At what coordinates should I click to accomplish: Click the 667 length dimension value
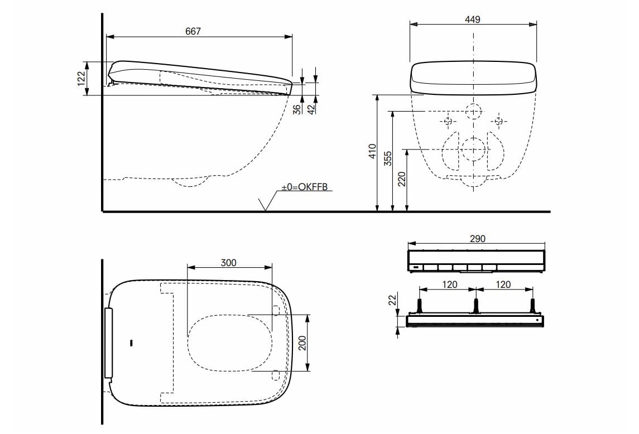[193, 32]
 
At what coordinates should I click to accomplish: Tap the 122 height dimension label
[81, 78]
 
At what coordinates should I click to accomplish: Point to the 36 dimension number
[297, 109]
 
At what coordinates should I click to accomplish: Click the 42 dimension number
[313, 109]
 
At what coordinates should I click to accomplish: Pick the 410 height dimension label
[373, 152]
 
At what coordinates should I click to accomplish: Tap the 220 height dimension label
[402, 180]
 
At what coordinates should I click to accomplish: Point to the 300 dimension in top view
[228, 262]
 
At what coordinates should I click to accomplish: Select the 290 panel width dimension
[477, 239]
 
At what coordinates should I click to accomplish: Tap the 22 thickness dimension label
[392, 300]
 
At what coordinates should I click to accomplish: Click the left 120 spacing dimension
[449, 284]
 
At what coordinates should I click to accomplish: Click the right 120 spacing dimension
[503, 284]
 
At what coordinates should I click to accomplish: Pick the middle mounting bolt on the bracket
[475, 306]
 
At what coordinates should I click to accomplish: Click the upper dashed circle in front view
[473, 112]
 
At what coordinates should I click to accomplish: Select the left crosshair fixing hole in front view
[448, 120]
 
